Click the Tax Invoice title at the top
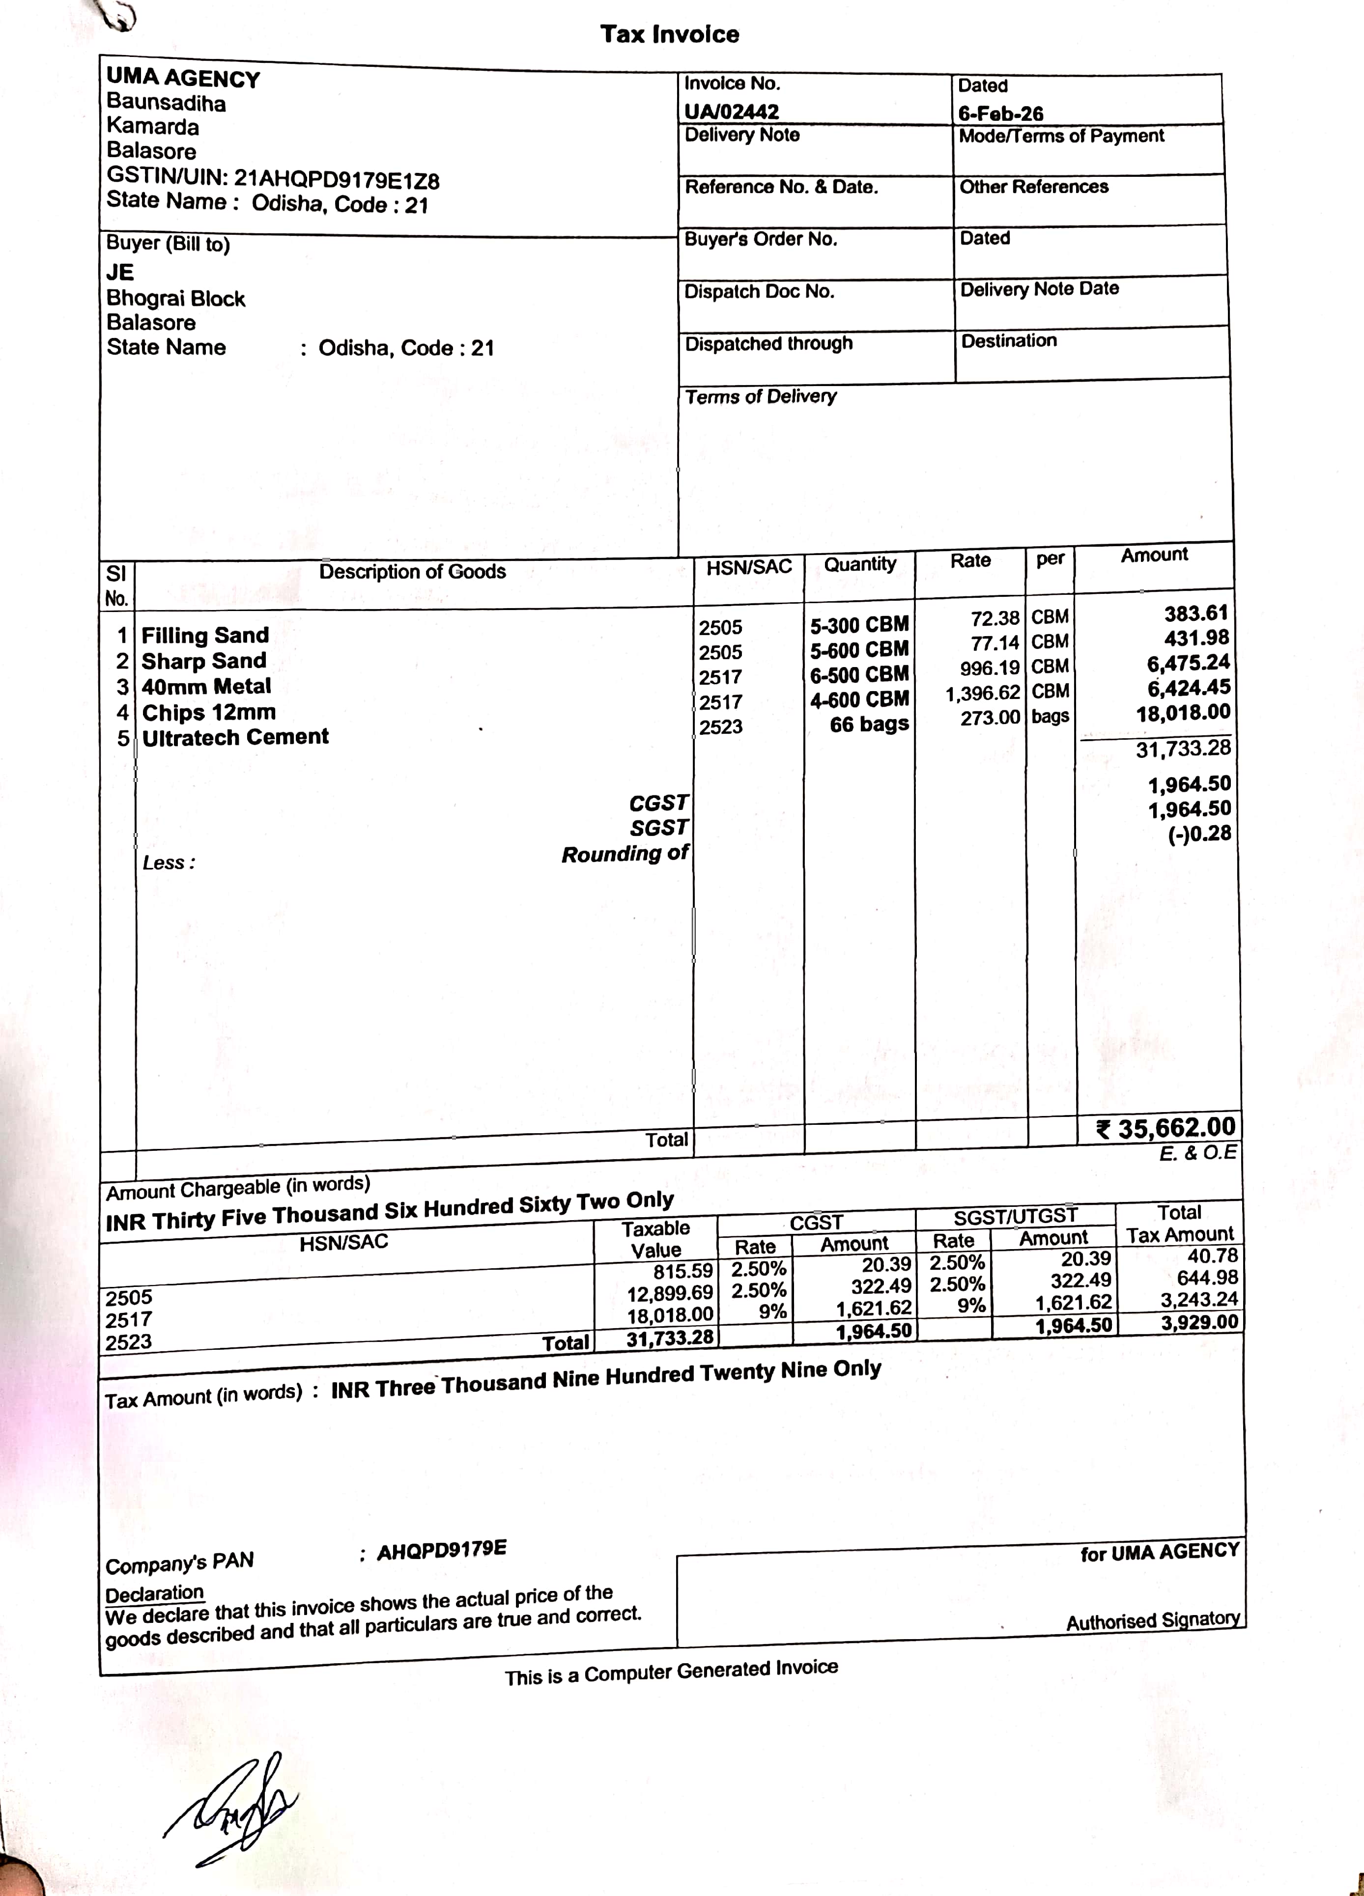pos(669,34)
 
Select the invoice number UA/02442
pos(731,111)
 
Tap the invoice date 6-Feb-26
pos(1000,113)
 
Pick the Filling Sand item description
pos(205,635)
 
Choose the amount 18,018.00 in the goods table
pos(1183,713)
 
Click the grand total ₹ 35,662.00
pos(1166,1129)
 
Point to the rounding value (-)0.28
pos(1199,834)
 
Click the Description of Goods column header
pos(412,572)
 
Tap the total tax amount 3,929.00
pos(1198,1322)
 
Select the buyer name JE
pos(119,273)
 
